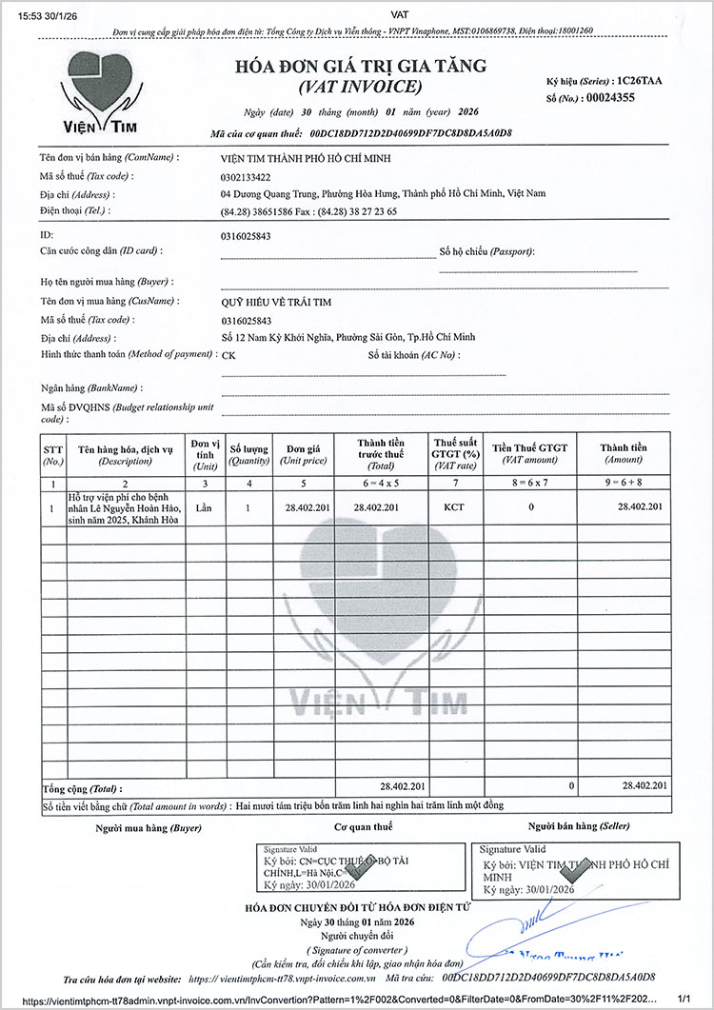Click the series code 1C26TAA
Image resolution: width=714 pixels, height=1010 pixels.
639,81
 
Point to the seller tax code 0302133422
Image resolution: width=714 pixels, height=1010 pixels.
246,177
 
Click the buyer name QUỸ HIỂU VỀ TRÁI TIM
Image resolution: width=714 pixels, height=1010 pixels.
275,302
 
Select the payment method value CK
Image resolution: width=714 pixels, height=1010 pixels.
228,355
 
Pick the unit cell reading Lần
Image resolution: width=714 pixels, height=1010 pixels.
203,507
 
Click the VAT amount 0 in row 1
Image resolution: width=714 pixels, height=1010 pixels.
530,507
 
